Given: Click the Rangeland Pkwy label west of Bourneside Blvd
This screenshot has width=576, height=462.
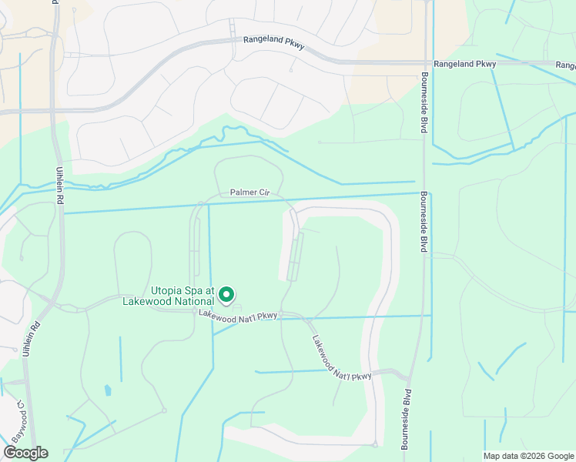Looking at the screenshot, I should pyautogui.click(x=274, y=44).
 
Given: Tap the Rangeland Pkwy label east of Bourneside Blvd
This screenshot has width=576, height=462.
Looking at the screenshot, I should pyautogui.click(x=464, y=65).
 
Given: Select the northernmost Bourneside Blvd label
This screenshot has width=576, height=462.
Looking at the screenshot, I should pyautogui.click(x=424, y=102).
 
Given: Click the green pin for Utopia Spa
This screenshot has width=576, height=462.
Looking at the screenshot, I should pyautogui.click(x=226, y=294).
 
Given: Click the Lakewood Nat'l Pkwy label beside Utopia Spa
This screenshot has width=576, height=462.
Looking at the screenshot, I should pyautogui.click(x=237, y=314).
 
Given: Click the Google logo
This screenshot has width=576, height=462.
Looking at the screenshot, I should pyautogui.click(x=25, y=453).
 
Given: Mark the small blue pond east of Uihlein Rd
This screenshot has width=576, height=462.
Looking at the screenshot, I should pyautogui.click(x=108, y=390).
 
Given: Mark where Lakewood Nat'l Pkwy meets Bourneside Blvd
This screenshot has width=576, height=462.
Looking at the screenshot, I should pyautogui.click(x=407, y=377).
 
